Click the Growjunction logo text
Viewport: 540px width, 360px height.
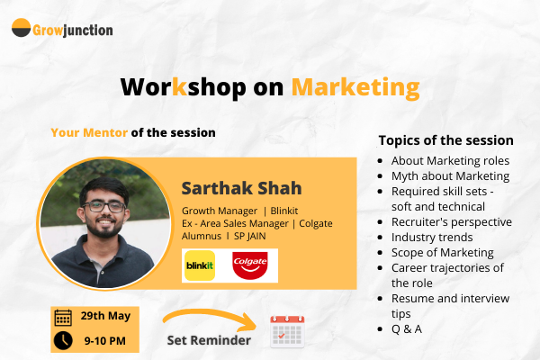point(74,30)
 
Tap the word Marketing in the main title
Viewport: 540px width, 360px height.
point(355,87)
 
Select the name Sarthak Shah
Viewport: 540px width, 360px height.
point(241,188)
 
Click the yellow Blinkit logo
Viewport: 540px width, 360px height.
point(199,265)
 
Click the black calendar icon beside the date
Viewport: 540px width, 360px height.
point(64,318)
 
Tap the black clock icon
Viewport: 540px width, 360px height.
point(64,340)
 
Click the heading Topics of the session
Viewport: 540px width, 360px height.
point(445,140)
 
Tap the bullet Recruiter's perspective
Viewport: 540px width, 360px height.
point(451,221)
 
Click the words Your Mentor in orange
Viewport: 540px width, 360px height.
point(89,132)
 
